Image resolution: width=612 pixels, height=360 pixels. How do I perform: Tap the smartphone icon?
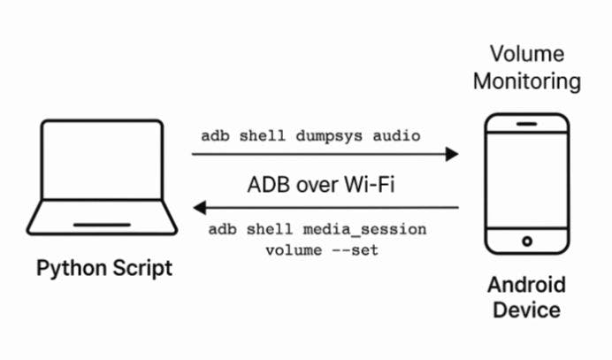528,185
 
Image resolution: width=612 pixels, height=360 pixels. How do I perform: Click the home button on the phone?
528,241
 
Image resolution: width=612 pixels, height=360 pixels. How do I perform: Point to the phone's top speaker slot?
528,125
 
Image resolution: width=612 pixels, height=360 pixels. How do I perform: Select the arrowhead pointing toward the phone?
453,155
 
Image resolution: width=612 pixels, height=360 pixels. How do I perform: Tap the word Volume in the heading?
527,54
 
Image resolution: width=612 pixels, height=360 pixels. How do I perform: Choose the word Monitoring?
527,81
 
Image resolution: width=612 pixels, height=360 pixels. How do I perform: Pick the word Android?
527,286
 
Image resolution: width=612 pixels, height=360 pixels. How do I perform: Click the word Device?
527,310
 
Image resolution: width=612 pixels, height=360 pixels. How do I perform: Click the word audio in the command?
398,135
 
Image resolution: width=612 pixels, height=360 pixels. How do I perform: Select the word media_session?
374,230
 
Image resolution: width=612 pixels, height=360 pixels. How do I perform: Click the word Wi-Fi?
372,186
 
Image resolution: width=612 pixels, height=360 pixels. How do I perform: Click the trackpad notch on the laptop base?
102,225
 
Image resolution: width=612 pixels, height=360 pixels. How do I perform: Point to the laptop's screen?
102,162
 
